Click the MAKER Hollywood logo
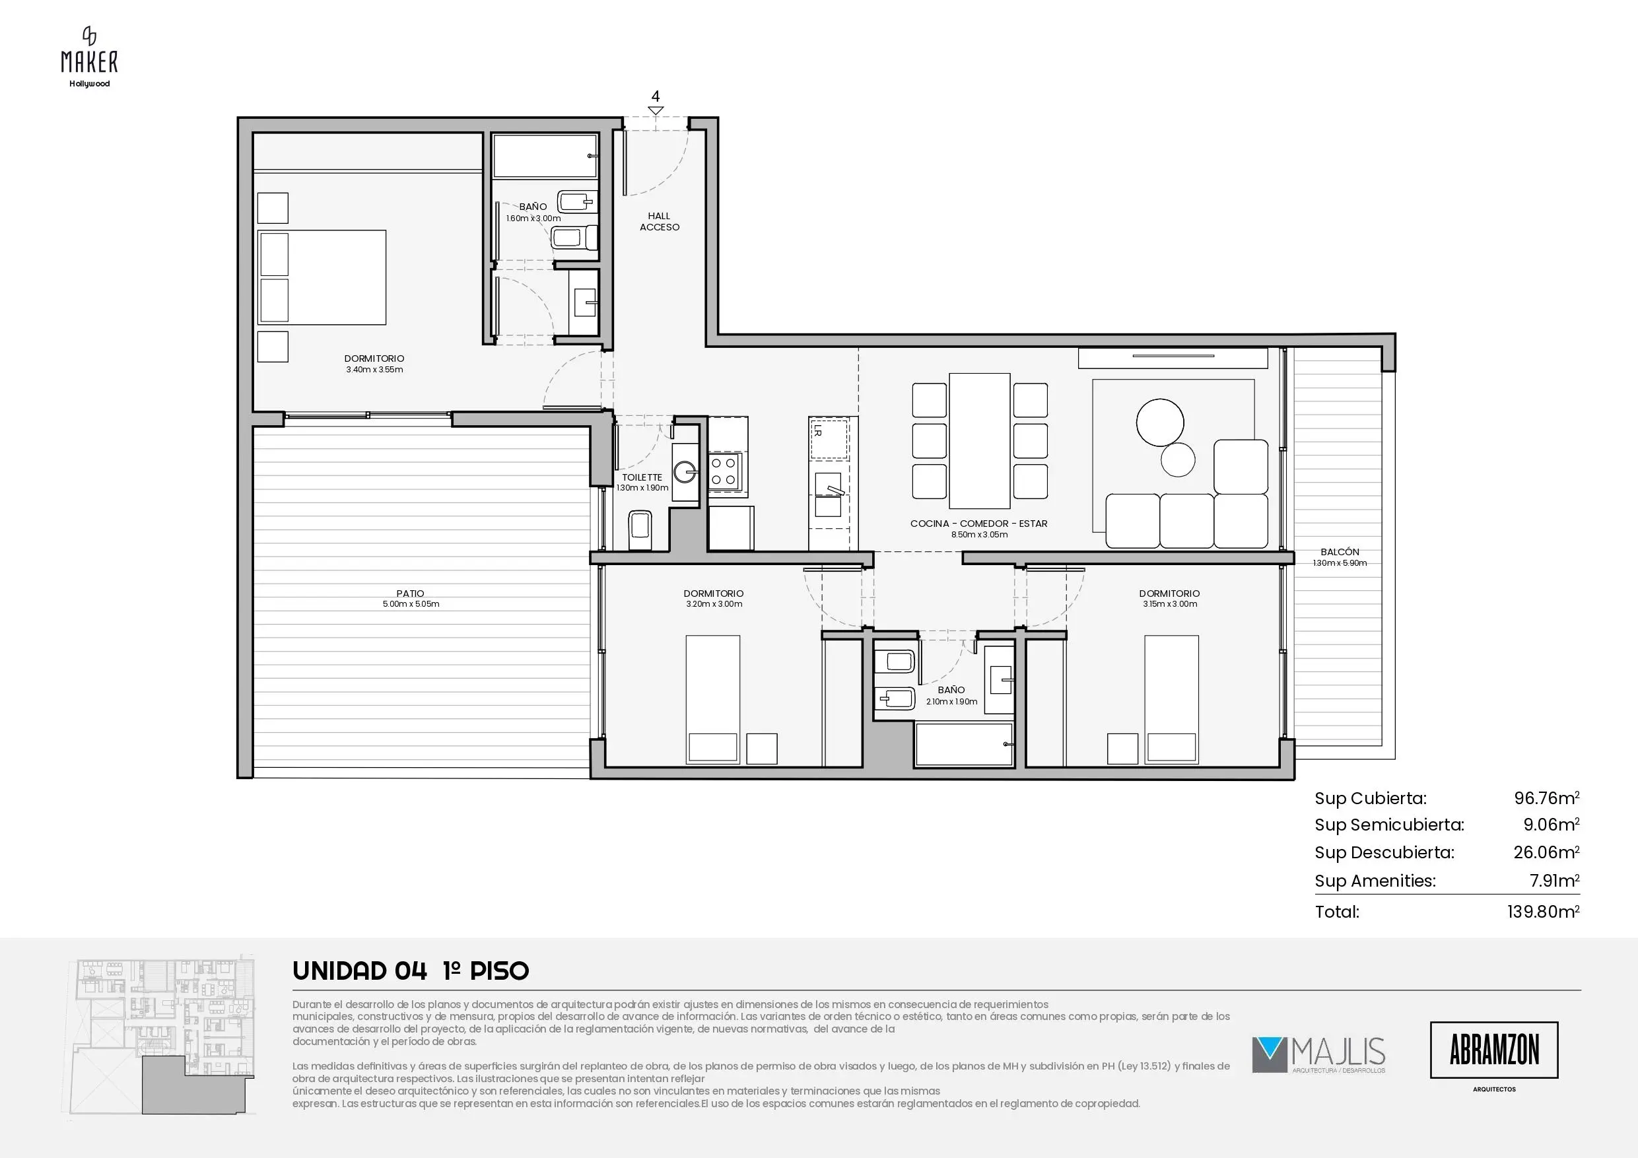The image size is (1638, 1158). coord(89,57)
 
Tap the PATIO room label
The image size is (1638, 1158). coord(410,593)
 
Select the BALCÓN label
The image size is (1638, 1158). coord(1340,551)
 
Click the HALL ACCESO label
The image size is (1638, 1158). coord(659,221)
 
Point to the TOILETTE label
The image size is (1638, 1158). coord(642,477)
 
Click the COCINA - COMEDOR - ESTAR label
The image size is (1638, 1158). coord(979,524)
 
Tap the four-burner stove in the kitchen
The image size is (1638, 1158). coord(724,471)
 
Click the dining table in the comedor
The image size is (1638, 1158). coord(980,440)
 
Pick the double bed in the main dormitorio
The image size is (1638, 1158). coord(322,277)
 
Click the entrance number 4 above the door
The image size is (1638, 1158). coord(656,96)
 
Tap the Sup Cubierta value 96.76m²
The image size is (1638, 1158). coord(1547,798)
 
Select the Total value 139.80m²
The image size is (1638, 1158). coord(1543,911)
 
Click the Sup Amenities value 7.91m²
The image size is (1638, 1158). coord(1555,881)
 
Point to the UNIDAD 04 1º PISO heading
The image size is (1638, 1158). coord(411,971)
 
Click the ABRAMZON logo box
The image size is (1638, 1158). coord(1494,1050)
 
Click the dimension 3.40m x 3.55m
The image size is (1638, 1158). coord(374,370)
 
